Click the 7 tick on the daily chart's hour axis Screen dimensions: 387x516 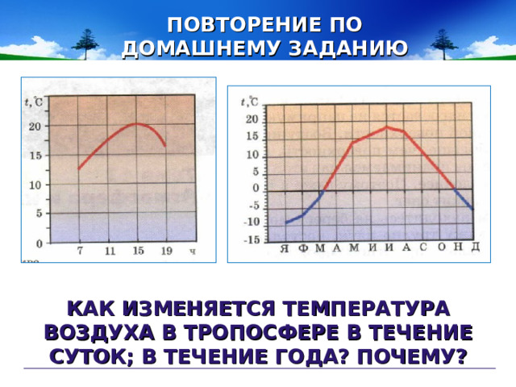click(x=79, y=252)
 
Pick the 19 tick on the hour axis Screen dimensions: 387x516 click(x=165, y=252)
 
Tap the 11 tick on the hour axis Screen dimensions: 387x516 click(x=109, y=252)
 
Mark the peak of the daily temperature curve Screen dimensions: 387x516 click(x=136, y=123)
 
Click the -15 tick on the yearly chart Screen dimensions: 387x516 click(x=252, y=239)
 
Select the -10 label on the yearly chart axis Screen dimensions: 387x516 click(x=252, y=222)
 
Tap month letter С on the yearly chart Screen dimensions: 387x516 click(x=422, y=248)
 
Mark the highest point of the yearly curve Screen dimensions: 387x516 click(x=387, y=127)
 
